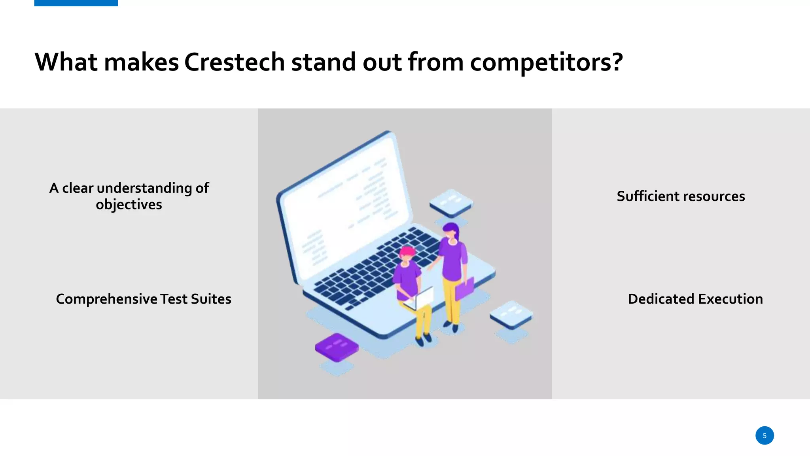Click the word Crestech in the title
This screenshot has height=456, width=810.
(234, 62)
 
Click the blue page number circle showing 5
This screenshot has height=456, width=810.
(764, 435)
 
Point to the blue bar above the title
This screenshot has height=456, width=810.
(76, 3)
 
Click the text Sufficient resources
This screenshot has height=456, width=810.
(681, 196)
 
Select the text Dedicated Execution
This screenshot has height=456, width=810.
(695, 299)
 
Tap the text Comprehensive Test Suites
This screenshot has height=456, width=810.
(143, 299)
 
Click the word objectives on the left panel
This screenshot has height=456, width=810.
(129, 205)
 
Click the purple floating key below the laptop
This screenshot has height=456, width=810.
(337, 347)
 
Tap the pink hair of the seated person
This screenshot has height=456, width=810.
(407, 251)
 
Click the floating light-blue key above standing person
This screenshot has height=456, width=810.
(451, 202)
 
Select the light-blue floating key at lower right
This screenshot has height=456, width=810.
(511, 314)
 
